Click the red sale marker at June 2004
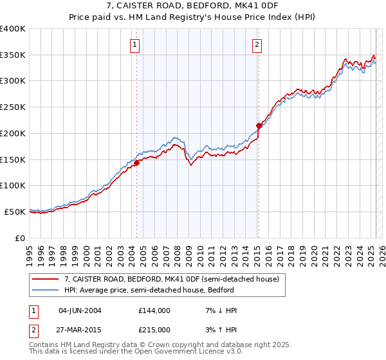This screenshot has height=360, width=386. [136, 163]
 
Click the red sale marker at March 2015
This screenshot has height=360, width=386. [259, 125]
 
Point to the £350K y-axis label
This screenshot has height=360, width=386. [13, 55]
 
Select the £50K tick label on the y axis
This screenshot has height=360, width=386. [15, 212]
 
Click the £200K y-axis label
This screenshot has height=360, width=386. [13, 133]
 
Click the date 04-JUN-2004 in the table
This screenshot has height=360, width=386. [80, 310]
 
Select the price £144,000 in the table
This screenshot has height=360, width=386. [154, 310]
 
